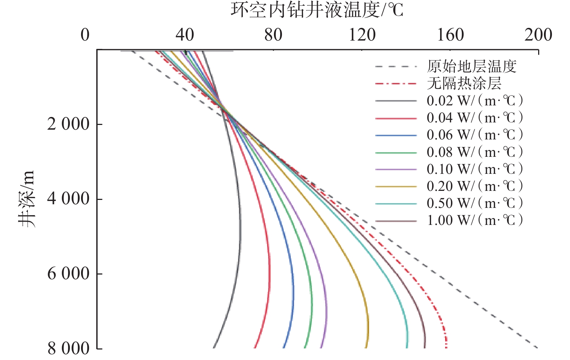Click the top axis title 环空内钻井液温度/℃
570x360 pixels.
(x=317, y=10)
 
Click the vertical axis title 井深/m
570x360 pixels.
(x=28, y=198)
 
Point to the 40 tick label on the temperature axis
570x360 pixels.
(x=185, y=35)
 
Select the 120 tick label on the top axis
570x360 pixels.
(x=362, y=35)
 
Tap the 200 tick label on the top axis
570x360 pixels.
(x=538, y=35)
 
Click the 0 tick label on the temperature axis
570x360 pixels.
(x=85, y=35)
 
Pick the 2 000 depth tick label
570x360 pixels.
(x=68, y=124)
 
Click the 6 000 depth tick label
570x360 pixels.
(x=68, y=273)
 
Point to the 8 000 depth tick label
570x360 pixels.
(x=68, y=348)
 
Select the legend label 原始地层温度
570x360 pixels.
(x=472, y=67)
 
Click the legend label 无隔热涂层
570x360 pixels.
(x=464, y=84)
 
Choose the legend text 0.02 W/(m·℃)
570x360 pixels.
(x=475, y=101)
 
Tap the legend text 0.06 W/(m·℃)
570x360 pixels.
(x=475, y=135)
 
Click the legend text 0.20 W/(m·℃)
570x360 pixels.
(x=475, y=187)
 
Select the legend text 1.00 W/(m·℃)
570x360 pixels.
(x=475, y=221)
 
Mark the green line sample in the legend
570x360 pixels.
(x=396, y=152)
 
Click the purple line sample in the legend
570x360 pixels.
(x=396, y=169)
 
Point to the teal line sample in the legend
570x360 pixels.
(x=396, y=204)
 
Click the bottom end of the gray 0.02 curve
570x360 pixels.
(x=213, y=347)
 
